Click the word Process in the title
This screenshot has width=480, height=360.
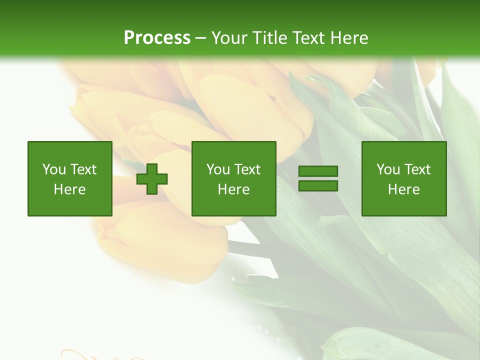(157, 38)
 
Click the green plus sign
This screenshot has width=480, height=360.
(152, 179)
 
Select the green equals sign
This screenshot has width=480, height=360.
(318, 178)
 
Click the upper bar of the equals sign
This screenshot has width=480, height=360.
(318, 171)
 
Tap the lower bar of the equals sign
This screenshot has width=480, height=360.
(318, 185)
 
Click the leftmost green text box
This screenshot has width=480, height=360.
(70, 178)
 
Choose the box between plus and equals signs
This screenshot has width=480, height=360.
(234, 178)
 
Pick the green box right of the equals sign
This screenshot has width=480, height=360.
(404, 178)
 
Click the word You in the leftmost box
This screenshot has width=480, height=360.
(54, 169)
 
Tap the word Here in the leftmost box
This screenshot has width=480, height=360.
(70, 189)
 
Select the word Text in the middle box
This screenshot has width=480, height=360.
(247, 169)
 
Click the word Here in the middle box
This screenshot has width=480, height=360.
(234, 189)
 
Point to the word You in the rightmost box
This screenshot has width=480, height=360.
(388, 169)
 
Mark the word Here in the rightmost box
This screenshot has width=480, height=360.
(404, 189)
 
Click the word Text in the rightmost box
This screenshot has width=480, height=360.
(417, 169)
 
